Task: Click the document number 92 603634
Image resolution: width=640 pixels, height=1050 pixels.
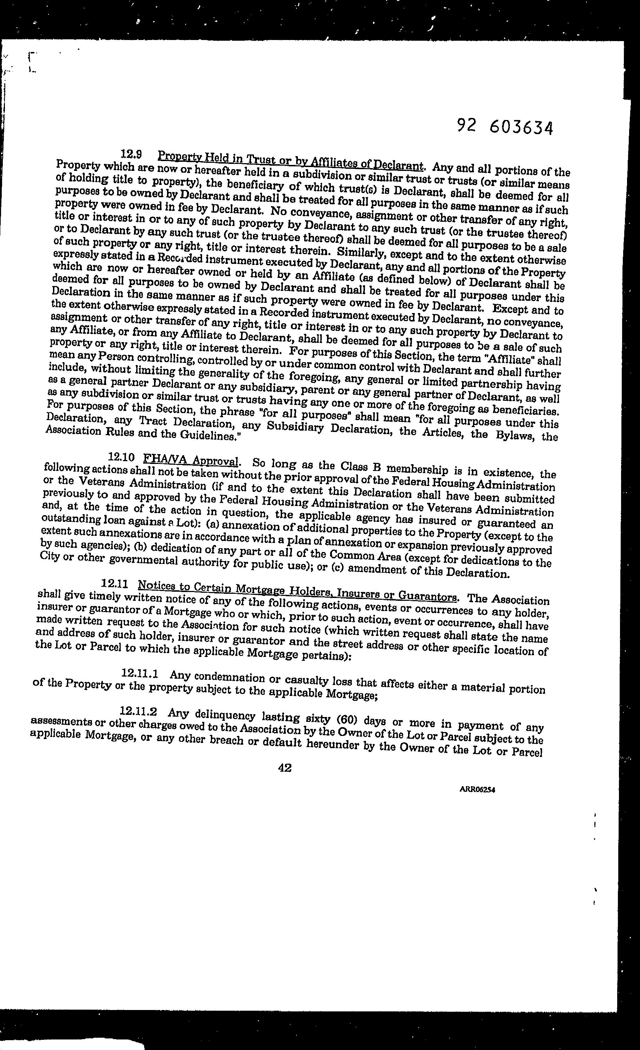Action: (x=505, y=127)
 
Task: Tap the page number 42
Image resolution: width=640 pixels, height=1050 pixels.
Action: (x=285, y=768)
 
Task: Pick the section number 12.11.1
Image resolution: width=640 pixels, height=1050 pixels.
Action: (x=140, y=674)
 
